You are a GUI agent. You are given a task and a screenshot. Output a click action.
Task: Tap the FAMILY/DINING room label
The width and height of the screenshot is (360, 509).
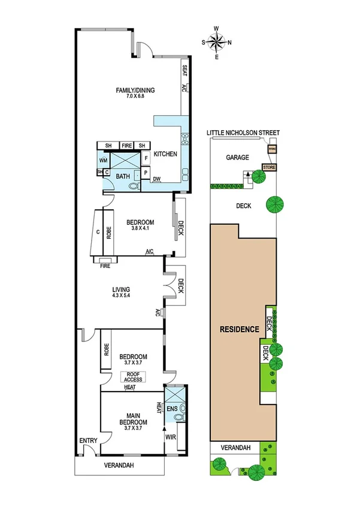(x=135, y=91)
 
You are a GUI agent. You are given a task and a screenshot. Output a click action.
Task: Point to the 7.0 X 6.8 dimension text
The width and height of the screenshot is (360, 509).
(x=135, y=97)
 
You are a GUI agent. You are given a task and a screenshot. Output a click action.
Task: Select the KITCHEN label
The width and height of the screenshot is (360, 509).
(x=165, y=155)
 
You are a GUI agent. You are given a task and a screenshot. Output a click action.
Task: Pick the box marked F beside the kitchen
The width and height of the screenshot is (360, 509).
(x=146, y=158)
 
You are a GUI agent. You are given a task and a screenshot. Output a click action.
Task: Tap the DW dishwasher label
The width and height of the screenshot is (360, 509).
(x=156, y=179)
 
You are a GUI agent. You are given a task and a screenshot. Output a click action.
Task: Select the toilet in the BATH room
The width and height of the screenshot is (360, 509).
(x=132, y=186)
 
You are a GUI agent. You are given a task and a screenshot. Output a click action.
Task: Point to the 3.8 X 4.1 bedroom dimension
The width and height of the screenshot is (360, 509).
(x=141, y=229)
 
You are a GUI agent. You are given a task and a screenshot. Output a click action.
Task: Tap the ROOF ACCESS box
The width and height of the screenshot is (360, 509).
(x=133, y=377)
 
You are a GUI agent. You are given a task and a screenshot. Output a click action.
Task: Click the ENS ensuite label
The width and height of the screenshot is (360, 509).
(x=172, y=409)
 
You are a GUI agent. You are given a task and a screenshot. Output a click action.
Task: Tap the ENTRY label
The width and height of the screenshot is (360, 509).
(x=88, y=441)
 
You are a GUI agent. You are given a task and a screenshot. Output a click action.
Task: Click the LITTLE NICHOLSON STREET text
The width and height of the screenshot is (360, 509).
(x=243, y=132)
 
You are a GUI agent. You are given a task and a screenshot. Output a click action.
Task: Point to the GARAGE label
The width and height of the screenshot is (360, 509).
(x=237, y=158)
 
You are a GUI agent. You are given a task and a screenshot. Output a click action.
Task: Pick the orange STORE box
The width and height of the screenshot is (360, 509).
(x=268, y=167)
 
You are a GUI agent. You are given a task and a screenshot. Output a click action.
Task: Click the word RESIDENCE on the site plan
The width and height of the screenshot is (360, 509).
(x=238, y=329)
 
